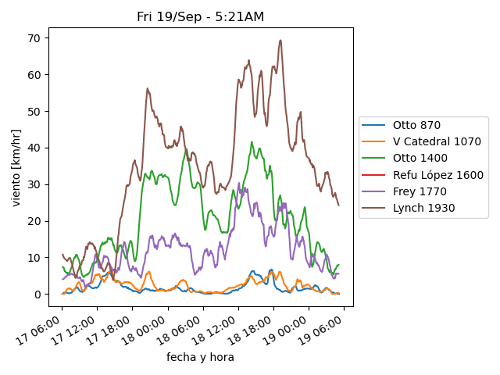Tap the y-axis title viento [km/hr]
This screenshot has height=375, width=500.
pyautogui.click(x=16, y=168)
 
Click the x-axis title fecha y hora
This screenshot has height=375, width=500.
pyautogui.click(x=200, y=357)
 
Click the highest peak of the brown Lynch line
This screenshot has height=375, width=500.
pyautogui.click(x=280, y=41)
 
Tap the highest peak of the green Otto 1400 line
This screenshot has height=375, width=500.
pyautogui.click(x=252, y=142)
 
